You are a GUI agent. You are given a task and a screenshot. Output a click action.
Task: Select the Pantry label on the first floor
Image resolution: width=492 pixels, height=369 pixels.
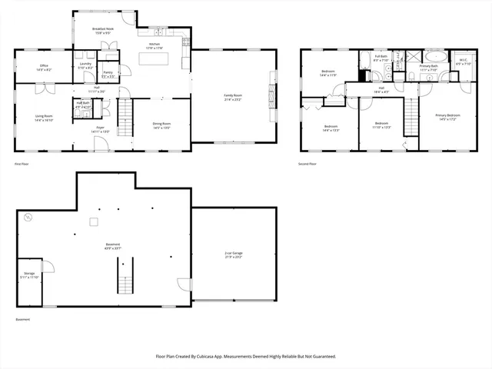[108, 74]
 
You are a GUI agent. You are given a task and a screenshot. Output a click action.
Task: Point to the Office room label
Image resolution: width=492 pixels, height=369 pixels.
[44, 65]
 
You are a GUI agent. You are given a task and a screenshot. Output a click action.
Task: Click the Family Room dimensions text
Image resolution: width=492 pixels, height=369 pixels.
[232, 99]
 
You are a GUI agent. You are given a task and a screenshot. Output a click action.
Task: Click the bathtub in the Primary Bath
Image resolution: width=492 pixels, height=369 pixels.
[434, 56]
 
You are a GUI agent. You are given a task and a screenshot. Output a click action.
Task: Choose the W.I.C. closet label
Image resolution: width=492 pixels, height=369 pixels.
[463, 60]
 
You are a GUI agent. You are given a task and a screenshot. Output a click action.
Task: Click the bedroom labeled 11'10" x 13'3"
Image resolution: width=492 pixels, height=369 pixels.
[382, 125]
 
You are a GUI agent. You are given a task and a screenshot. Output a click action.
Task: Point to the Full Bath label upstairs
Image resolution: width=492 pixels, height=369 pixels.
[381, 56]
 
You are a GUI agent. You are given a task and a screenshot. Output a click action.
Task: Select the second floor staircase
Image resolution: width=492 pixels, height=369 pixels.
[412, 116]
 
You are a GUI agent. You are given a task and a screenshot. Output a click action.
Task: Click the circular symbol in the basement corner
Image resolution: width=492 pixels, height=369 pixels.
[28, 218]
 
